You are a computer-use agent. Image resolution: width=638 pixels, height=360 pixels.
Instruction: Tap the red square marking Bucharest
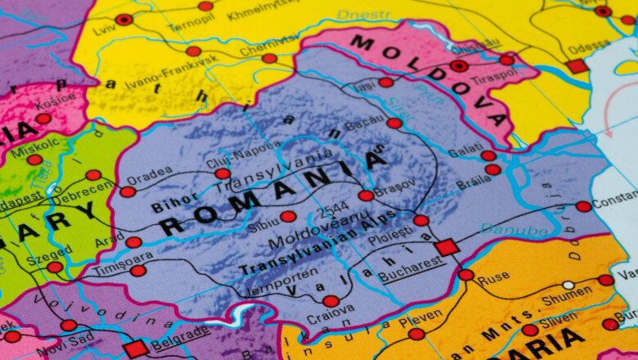(447, 247)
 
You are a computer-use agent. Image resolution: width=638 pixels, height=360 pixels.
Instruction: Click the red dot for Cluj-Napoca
(222, 173)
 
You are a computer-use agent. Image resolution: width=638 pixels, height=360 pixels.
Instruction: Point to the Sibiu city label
(263, 221)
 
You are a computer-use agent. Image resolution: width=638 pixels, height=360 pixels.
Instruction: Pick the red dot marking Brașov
(366, 196)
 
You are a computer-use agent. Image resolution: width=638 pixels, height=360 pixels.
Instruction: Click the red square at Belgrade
(136, 349)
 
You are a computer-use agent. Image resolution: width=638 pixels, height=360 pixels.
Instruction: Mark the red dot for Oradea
(128, 191)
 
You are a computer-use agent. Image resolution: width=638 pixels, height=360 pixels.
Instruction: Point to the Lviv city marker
(124, 20)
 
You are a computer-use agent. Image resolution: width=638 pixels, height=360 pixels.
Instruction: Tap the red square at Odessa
(577, 66)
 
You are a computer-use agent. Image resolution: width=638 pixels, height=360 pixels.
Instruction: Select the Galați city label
(465, 150)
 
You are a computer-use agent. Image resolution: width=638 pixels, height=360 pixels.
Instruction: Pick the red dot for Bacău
(394, 123)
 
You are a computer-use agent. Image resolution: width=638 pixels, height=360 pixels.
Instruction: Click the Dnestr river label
(364, 15)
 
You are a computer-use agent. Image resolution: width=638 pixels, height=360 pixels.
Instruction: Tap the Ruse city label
(493, 278)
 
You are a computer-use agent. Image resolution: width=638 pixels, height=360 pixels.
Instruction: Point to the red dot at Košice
(43, 119)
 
